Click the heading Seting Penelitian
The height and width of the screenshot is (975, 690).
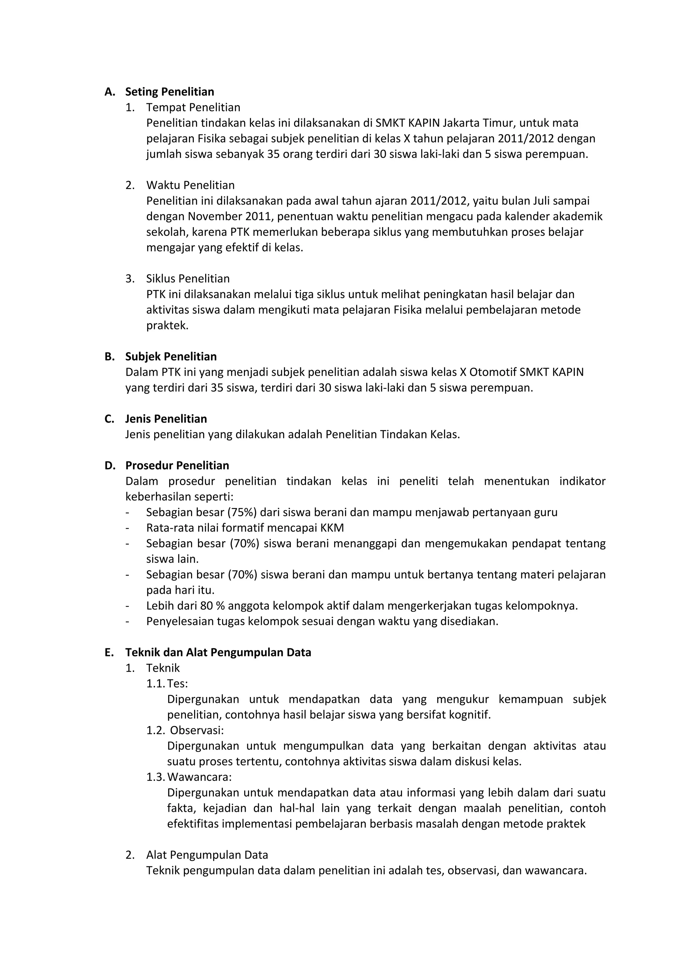click(x=169, y=92)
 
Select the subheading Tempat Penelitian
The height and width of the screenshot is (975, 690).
click(x=193, y=107)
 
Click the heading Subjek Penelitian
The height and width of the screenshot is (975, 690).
click(x=170, y=356)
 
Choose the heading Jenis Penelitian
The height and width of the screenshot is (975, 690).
click(x=166, y=419)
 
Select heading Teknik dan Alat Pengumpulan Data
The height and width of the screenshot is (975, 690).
click(x=218, y=652)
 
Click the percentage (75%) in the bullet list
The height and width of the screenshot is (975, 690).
click(x=242, y=512)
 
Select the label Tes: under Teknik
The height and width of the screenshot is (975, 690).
click(x=177, y=684)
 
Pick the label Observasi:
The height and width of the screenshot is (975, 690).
click(x=196, y=730)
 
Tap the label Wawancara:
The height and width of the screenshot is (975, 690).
click(x=199, y=777)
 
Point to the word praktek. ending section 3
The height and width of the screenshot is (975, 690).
click(x=167, y=326)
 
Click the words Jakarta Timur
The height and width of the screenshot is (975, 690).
click(x=479, y=123)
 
